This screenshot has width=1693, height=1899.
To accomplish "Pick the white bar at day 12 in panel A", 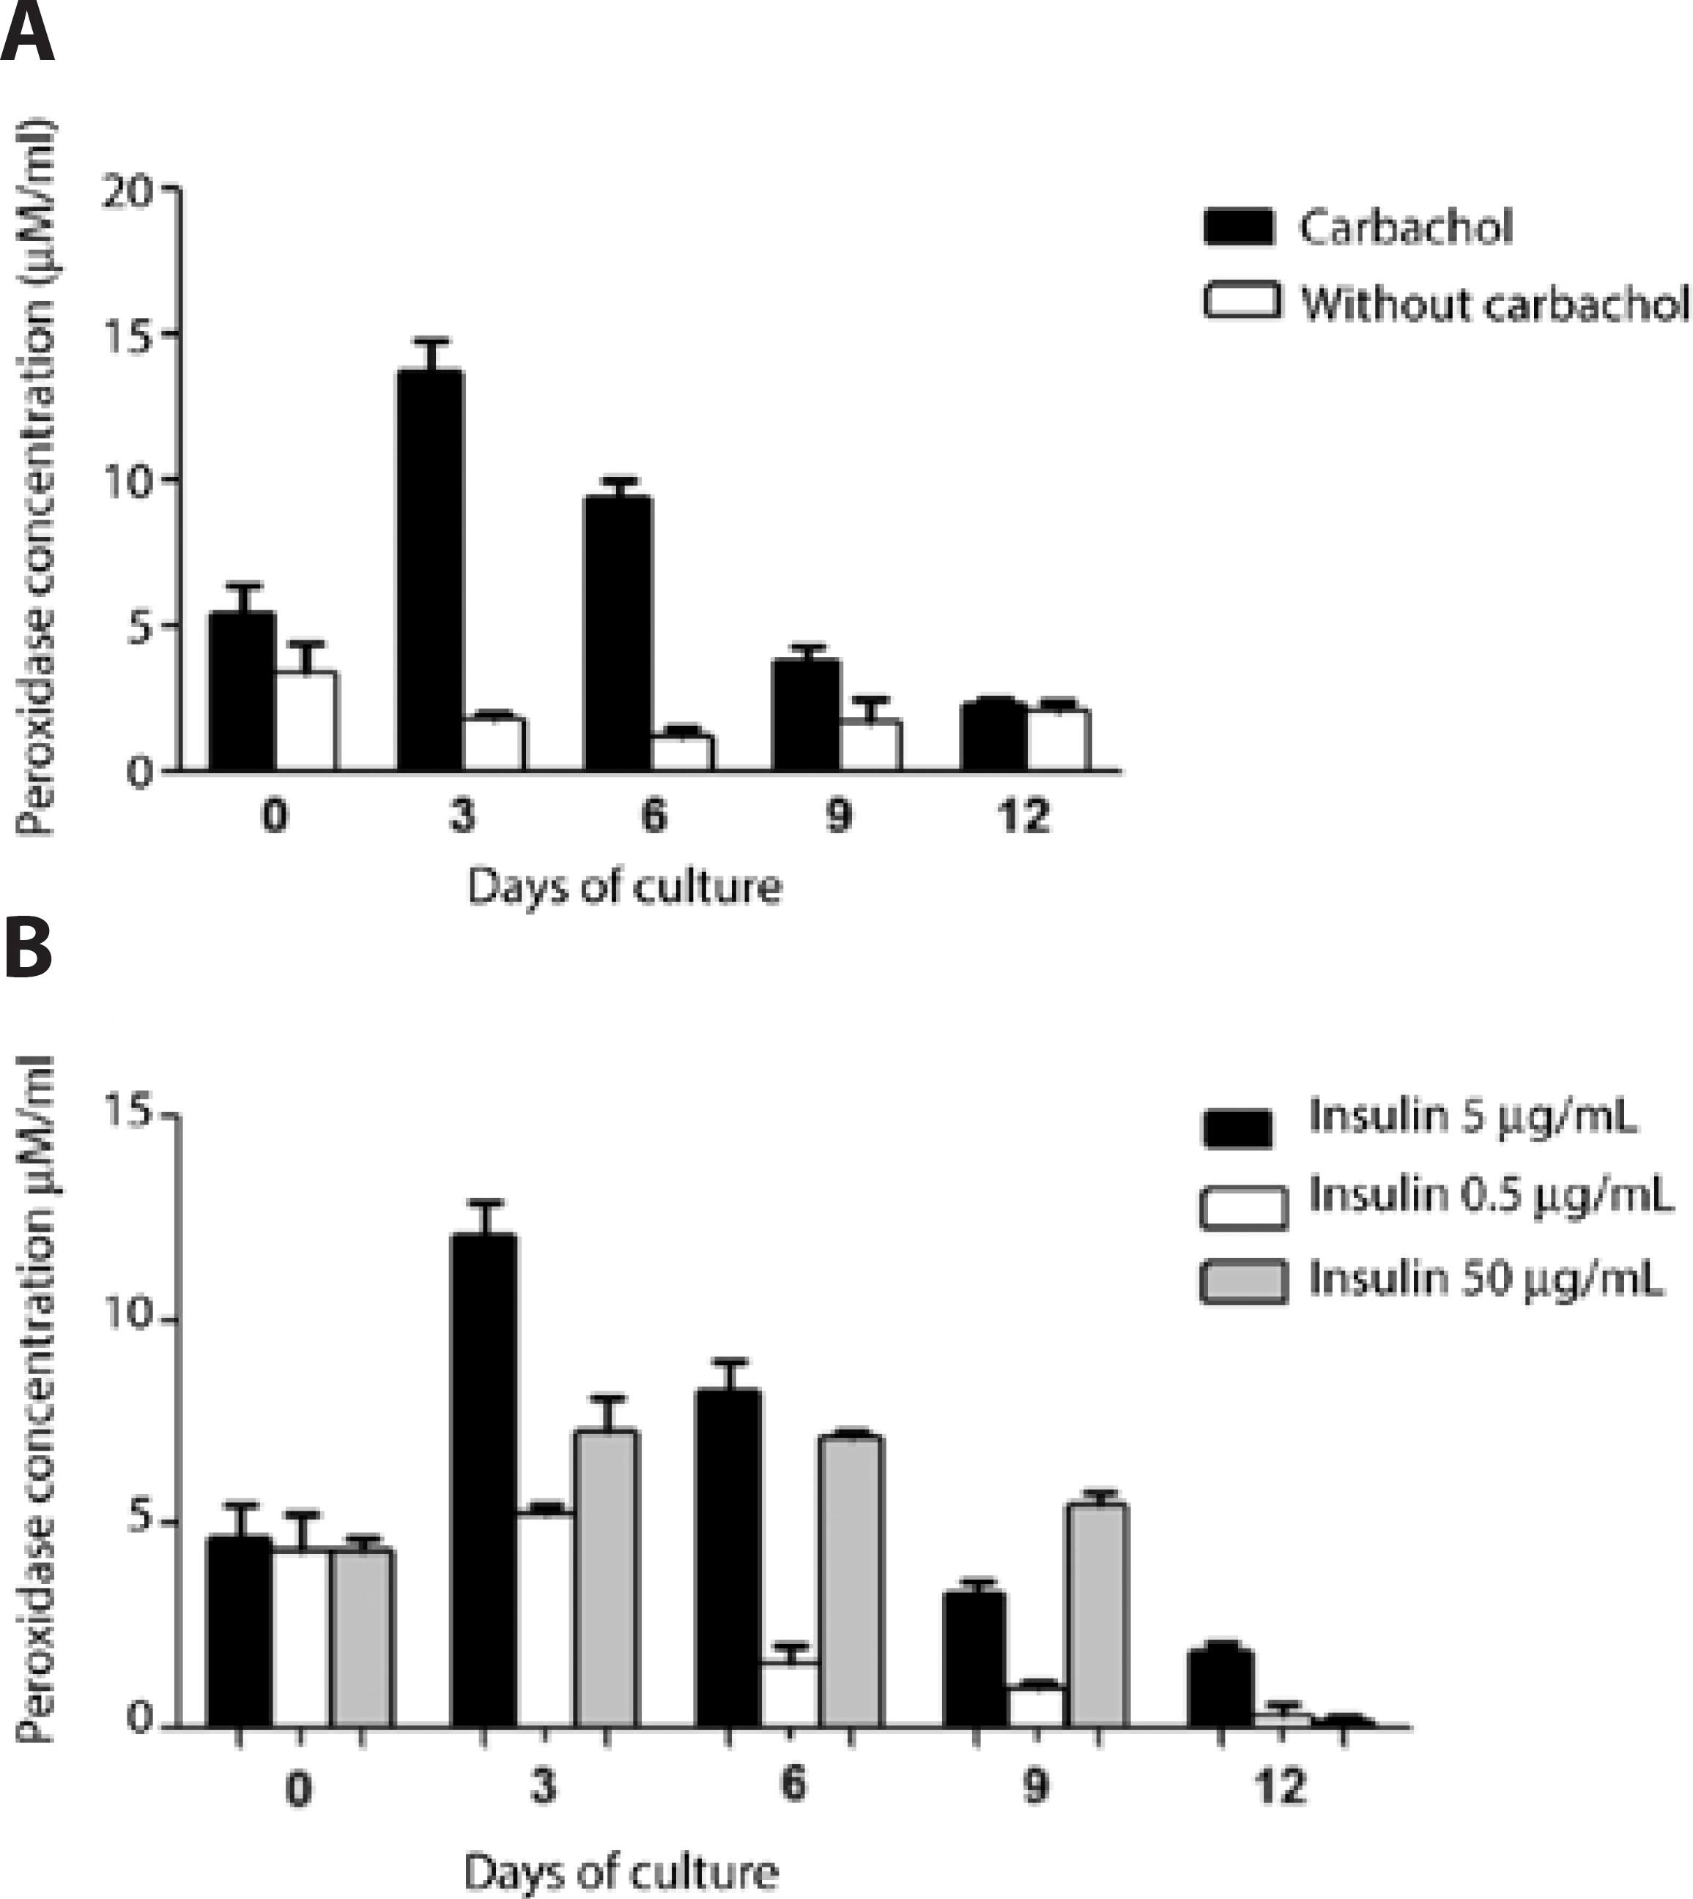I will (x=1059, y=740).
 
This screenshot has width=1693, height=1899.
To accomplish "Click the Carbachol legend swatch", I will (x=1239, y=227).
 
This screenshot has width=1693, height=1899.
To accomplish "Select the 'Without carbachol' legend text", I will (x=1494, y=303).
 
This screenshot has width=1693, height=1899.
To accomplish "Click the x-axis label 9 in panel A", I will (x=838, y=816).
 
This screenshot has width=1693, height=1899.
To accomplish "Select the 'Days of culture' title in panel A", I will (x=624, y=886).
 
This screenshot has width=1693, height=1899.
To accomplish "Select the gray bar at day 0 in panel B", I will (x=362, y=1637).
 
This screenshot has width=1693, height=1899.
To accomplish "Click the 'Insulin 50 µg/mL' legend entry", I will (x=1485, y=1279).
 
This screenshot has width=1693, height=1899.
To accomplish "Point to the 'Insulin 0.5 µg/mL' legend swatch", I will (x=1244, y=1207).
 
